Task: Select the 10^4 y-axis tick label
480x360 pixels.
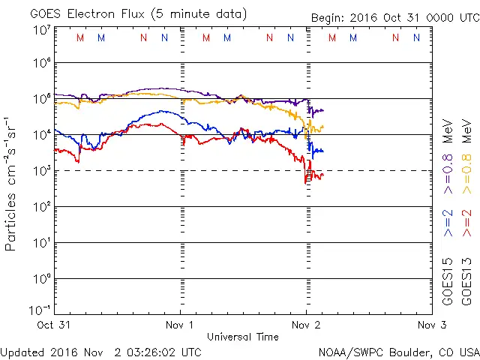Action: coord(40,134)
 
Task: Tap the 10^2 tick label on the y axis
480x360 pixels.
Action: coord(40,206)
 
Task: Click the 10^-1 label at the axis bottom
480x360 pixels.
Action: coord(40,310)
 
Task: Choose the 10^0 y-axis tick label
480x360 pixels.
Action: coord(40,278)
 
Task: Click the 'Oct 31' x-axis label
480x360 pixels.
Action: coord(55,325)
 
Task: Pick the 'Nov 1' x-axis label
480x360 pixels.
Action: coord(181,325)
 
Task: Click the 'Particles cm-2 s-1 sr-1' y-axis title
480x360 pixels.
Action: coord(12,183)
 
